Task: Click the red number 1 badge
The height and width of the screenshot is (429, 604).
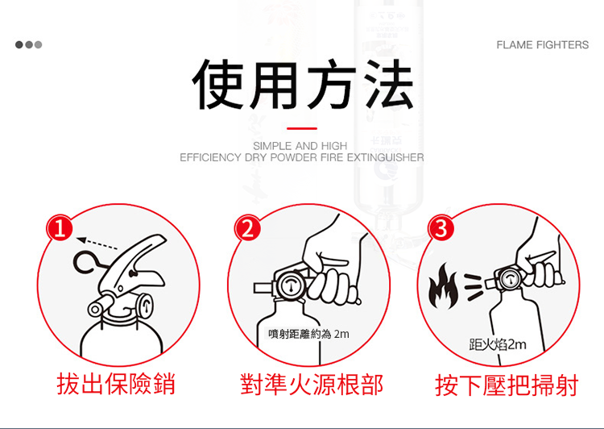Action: click(x=60, y=228)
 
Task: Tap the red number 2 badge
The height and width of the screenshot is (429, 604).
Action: click(x=248, y=228)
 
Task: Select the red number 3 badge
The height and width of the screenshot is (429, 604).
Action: click(x=441, y=228)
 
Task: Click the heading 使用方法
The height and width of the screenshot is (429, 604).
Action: click(x=303, y=84)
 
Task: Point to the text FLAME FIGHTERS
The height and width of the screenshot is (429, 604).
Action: click(x=542, y=44)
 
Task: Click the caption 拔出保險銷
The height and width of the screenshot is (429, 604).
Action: click(x=116, y=384)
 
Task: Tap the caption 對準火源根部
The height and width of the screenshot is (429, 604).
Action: click(x=311, y=385)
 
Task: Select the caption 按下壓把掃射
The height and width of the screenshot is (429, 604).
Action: click(x=507, y=385)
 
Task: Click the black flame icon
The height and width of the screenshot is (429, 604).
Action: click(x=444, y=286)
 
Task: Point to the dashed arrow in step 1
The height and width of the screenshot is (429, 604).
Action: click(x=97, y=244)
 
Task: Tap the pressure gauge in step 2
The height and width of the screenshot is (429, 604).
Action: click(x=290, y=286)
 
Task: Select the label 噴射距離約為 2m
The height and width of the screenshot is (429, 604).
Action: click(x=309, y=334)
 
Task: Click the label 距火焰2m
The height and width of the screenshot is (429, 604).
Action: click(x=498, y=344)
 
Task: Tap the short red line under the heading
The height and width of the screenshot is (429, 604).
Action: click(x=302, y=128)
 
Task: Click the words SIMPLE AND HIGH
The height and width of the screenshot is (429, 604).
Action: click(x=300, y=146)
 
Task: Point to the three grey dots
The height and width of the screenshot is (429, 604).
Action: click(x=28, y=44)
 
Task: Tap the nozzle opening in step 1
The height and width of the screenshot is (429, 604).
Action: click(x=94, y=310)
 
